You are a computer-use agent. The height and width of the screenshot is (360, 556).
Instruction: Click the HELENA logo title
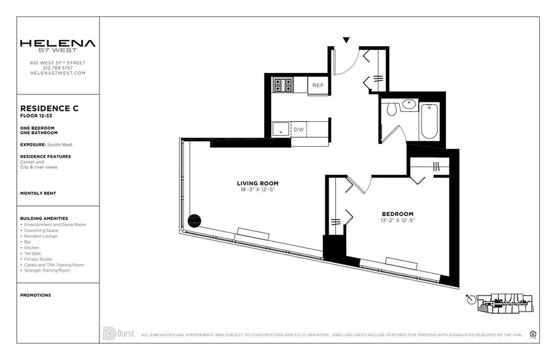[x=58, y=44]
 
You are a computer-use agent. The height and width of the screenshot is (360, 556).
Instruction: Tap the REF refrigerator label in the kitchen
[x=318, y=85]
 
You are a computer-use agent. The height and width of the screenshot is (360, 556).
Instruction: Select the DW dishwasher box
[x=299, y=130]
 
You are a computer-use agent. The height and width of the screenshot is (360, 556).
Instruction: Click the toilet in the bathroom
[x=391, y=108]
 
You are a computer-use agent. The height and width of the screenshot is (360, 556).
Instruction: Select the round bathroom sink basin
[x=409, y=104]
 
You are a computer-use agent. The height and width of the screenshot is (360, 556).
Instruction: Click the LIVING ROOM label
[x=257, y=183]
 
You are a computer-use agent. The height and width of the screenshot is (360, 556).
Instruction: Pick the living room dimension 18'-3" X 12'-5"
[x=257, y=189]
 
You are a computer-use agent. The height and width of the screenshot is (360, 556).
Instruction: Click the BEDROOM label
[x=397, y=214]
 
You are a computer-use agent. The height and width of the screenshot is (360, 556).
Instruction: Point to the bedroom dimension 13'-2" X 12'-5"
[x=397, y=220]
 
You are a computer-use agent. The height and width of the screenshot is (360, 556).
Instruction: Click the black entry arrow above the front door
[x=346, y=40]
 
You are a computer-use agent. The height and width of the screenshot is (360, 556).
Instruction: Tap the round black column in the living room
[x=194, y=220]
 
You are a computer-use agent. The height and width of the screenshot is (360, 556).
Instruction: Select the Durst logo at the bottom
[x=119, y=333]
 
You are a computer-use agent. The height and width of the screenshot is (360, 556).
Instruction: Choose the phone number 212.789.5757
[x=58, y=68]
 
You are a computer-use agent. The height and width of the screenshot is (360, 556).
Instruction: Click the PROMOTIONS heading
[x=36, y=295]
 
